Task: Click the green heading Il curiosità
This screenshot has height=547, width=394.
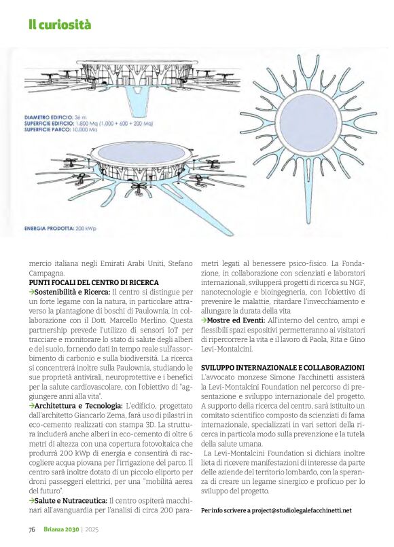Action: pos(59,26)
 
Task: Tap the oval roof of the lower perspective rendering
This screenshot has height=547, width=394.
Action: pos(137,153)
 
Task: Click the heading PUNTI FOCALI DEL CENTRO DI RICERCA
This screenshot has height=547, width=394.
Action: pos(94,282)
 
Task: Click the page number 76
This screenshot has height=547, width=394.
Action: pos(31,529)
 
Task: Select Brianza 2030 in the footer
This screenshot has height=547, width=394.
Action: pos(60,529)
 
